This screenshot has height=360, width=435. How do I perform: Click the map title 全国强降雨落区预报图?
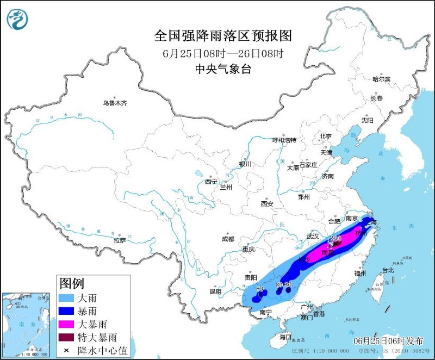tap(223, 36)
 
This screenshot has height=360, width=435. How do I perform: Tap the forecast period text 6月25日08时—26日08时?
tap(223, 53)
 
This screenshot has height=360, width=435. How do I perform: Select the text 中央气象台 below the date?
tap(223, 69)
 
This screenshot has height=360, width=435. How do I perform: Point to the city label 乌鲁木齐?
tap(115, 103)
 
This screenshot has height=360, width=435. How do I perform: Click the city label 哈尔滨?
tap(381, 79)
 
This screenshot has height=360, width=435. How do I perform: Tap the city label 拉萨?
tap(120, 240)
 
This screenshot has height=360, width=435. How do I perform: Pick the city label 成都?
tap(228, 239)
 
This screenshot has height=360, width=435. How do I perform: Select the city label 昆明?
tap(216, 291)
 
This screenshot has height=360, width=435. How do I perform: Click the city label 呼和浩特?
tap(285, 140)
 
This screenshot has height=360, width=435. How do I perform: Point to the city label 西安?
tap(266, 204)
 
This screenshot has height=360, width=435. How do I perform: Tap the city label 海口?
tap(284, 337)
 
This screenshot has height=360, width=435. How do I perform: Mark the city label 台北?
tap(388, 270)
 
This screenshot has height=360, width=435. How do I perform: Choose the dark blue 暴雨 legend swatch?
tap(69, 311)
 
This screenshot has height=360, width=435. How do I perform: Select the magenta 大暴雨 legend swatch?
tap(69, 325)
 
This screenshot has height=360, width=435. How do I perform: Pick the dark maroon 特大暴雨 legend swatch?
tap(69, 338)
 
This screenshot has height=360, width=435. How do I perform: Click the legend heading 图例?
tap(72, 283)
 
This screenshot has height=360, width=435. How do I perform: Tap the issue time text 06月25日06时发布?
tap(388, 340)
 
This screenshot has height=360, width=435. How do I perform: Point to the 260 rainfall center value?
tap(335, 239)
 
